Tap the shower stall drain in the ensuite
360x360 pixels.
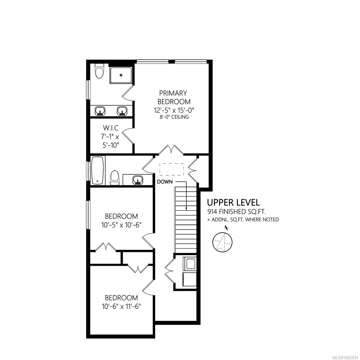pyautogui.click(x=121, y=75)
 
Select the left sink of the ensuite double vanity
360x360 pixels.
pyautogui.click(x=100, y=111)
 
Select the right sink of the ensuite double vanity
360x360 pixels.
pyautogui.click(x=121, y=111)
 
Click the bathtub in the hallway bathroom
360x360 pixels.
pyautogui.click(x=97, y=171)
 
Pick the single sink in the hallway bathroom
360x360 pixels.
pyautogui.click(x=138, y=180)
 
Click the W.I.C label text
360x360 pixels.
pyautogui.click(x=110, y=128)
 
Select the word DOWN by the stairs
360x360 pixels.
pyautogui.click(x=165, y=182)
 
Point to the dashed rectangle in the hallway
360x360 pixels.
pyautogui.click(x=171, y=169)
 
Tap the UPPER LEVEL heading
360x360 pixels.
pyautogui.click(x=233, y=202)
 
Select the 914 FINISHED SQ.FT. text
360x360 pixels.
pyautogui.click(x=237, y=212)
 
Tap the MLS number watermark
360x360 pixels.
pyautogui.click(x=345, y=357)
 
